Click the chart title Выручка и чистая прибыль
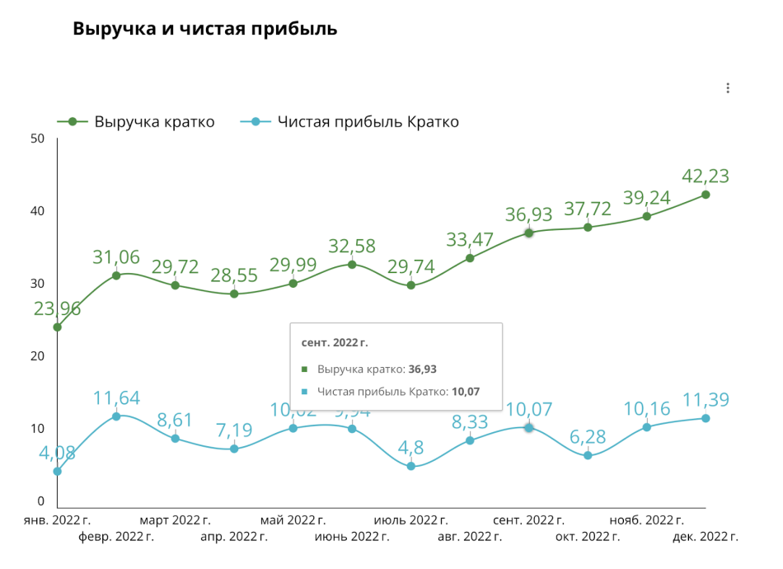click(x=204, y=28)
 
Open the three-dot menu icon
click(x=728, y=88)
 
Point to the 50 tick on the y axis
click(x=36, y=138)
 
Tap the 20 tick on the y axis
click(x=36, y=356)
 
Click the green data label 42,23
click(x=706, y=176)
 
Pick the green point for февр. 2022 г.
click(x=116, y=275)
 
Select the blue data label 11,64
click(x=116, y=398)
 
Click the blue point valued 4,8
click(x=411, y=466)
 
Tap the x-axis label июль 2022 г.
click(x=411, y=520)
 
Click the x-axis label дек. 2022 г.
click(x=706, y=537)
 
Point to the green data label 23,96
click(x=58, y=309)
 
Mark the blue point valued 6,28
click(x=588, y=455)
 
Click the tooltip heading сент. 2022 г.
click(x=335, y=342)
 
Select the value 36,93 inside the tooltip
click(x=423, y=369)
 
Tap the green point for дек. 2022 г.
click(x=706, y=195)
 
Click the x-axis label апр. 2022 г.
click(x=234, y=537)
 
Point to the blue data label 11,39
click(x=706, y=401)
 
